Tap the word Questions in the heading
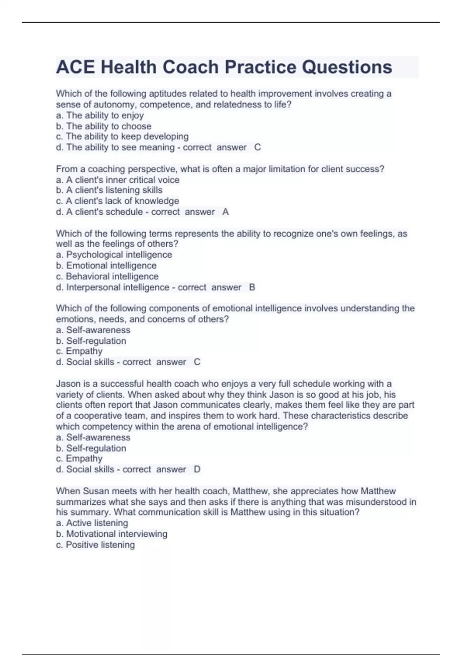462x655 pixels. tap(347, 67)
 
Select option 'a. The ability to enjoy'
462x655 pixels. tap(100, 115)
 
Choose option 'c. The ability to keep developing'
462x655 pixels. tap(122, 136)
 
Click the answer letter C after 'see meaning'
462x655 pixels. tap(258, 147)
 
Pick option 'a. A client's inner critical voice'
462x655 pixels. tap(117, 180)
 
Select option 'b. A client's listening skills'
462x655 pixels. tap(109, 190)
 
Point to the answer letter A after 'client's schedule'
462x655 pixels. tap(226, 212)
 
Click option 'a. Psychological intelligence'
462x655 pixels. tap(114, 255)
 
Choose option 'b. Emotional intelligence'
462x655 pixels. tap(106, 265)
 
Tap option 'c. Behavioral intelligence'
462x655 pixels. tap(107, 276)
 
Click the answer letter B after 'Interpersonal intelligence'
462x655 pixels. tap(252, 287)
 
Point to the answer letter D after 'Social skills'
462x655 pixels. tap(197, 469)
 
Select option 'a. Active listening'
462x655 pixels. tap(92, 523)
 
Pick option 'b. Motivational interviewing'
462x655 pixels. tap(112, 534)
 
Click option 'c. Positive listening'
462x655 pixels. tap(95, 544)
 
